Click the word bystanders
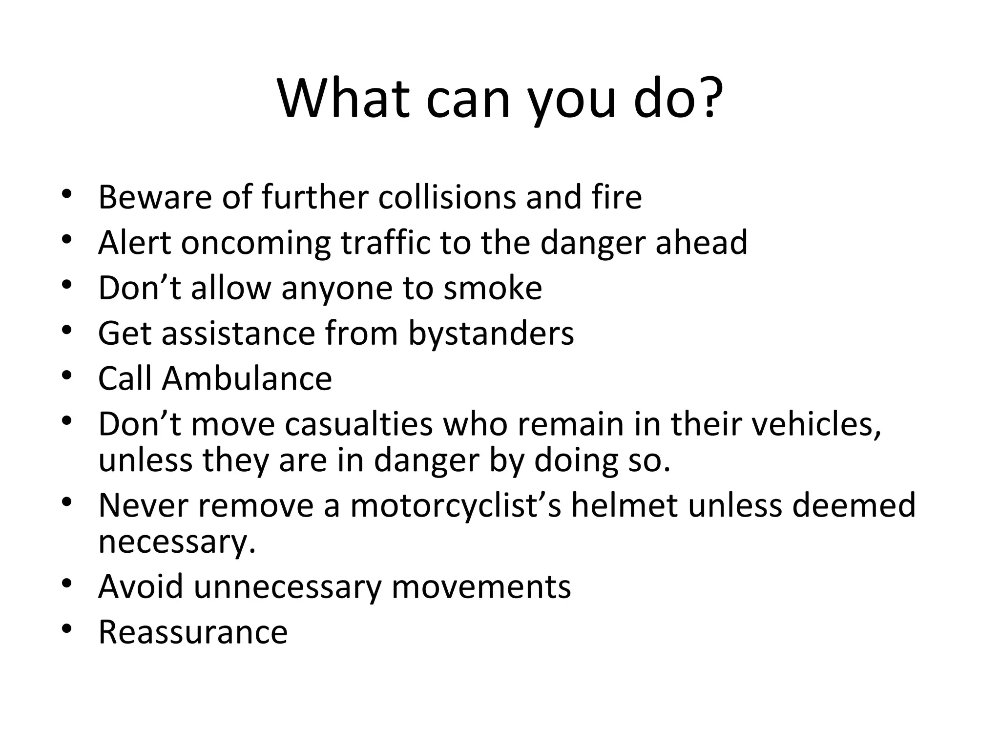[491, 333]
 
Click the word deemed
[854, 505]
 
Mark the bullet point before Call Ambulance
[67, 376]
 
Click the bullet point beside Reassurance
[67, 629]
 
